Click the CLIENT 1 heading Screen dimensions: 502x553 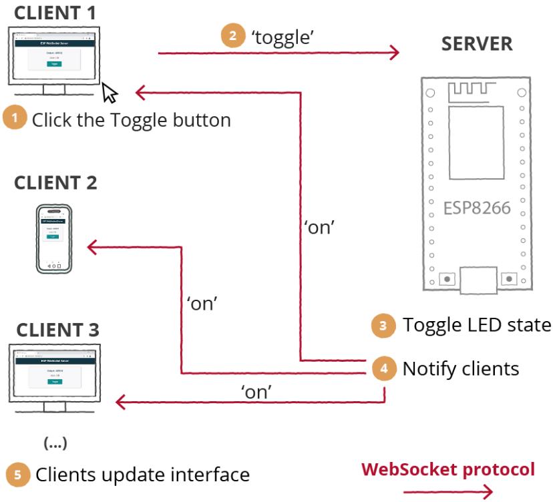[55, 12]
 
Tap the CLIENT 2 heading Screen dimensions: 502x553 [55, 182]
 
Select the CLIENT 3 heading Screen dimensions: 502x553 [57, 330]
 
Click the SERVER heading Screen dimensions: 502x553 [477, 44]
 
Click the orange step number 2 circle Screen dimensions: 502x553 [232, 36]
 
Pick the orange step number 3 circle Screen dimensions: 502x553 [383, 326]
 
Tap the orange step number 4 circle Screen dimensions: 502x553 [383, 368]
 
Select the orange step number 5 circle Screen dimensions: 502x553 [18, 475]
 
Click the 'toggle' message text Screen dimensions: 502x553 [283, 37]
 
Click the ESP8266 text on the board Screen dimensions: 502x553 [477, 208]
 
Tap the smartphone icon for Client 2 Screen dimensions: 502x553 [53, 239]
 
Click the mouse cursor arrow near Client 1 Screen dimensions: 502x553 [110, 93]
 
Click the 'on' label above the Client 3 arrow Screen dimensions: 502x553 [257, 392]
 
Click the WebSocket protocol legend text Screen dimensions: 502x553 [448, 469]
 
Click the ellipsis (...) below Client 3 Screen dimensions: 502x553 [55, 443]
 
